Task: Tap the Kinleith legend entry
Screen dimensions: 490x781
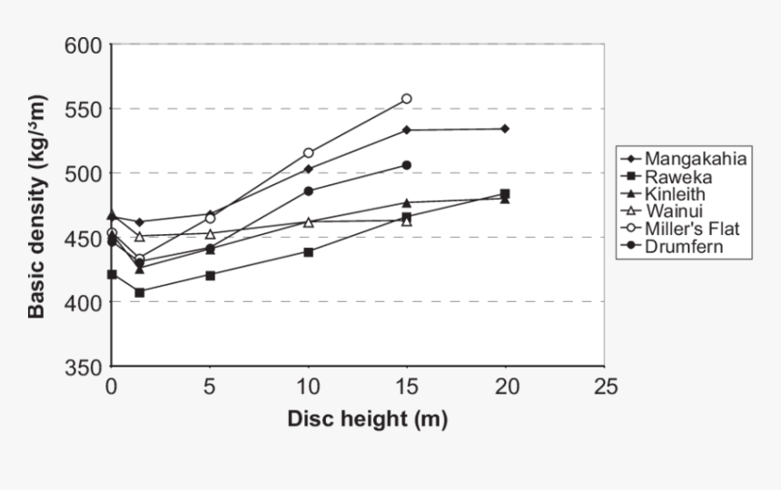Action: click(681, 193)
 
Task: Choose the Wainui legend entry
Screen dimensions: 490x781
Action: click(677, 211)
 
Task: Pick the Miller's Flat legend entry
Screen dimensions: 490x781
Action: click(692, 229)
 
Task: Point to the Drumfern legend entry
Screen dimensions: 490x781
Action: click(685, 246)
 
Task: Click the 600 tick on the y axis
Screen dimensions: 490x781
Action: click(85, 45)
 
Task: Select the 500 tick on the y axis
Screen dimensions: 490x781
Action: click(85, 173)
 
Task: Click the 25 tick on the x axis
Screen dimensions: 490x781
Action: click(605, 387)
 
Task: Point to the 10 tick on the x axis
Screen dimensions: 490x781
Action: click(309, 387)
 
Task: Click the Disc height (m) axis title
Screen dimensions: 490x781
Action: click(367, 419)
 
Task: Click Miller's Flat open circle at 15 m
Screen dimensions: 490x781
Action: click(407, 99)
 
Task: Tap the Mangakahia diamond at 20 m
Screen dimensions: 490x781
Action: click(505, 129)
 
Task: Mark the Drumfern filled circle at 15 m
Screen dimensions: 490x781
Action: click(407, 165)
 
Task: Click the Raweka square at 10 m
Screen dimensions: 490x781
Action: click(309, 252)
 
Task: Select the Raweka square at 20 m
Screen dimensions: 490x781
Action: click(505, 193)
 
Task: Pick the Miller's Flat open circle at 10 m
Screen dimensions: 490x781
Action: click(309, 153)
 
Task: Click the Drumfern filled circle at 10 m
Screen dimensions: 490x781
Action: click(309, 191)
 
